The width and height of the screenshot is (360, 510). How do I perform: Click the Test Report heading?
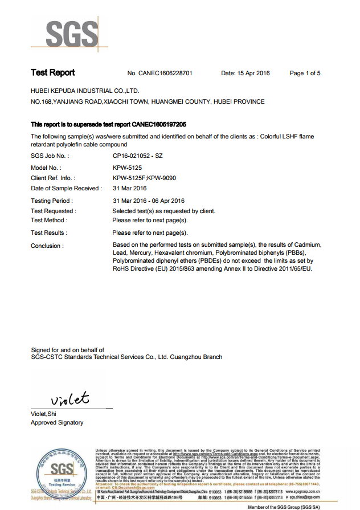tap(53, 73)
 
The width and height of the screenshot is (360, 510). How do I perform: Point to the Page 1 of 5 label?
tap(305, 74)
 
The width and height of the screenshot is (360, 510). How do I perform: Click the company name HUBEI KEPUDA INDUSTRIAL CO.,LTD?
tap(85, 91)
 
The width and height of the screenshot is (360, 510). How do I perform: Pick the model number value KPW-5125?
tap(127, 168)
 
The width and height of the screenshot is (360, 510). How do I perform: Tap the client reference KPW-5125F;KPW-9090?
tap(144, 178)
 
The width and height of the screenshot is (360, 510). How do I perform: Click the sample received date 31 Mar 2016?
tap(129, 189)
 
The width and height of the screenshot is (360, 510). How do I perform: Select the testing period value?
tap(148, 201)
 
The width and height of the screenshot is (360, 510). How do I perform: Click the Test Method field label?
tap(49, 221)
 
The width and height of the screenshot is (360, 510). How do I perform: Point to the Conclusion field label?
tap(47, 246)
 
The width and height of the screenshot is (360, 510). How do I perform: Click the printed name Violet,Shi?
tap(43, 414)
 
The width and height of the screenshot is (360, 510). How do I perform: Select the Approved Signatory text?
tap(57, 423)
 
